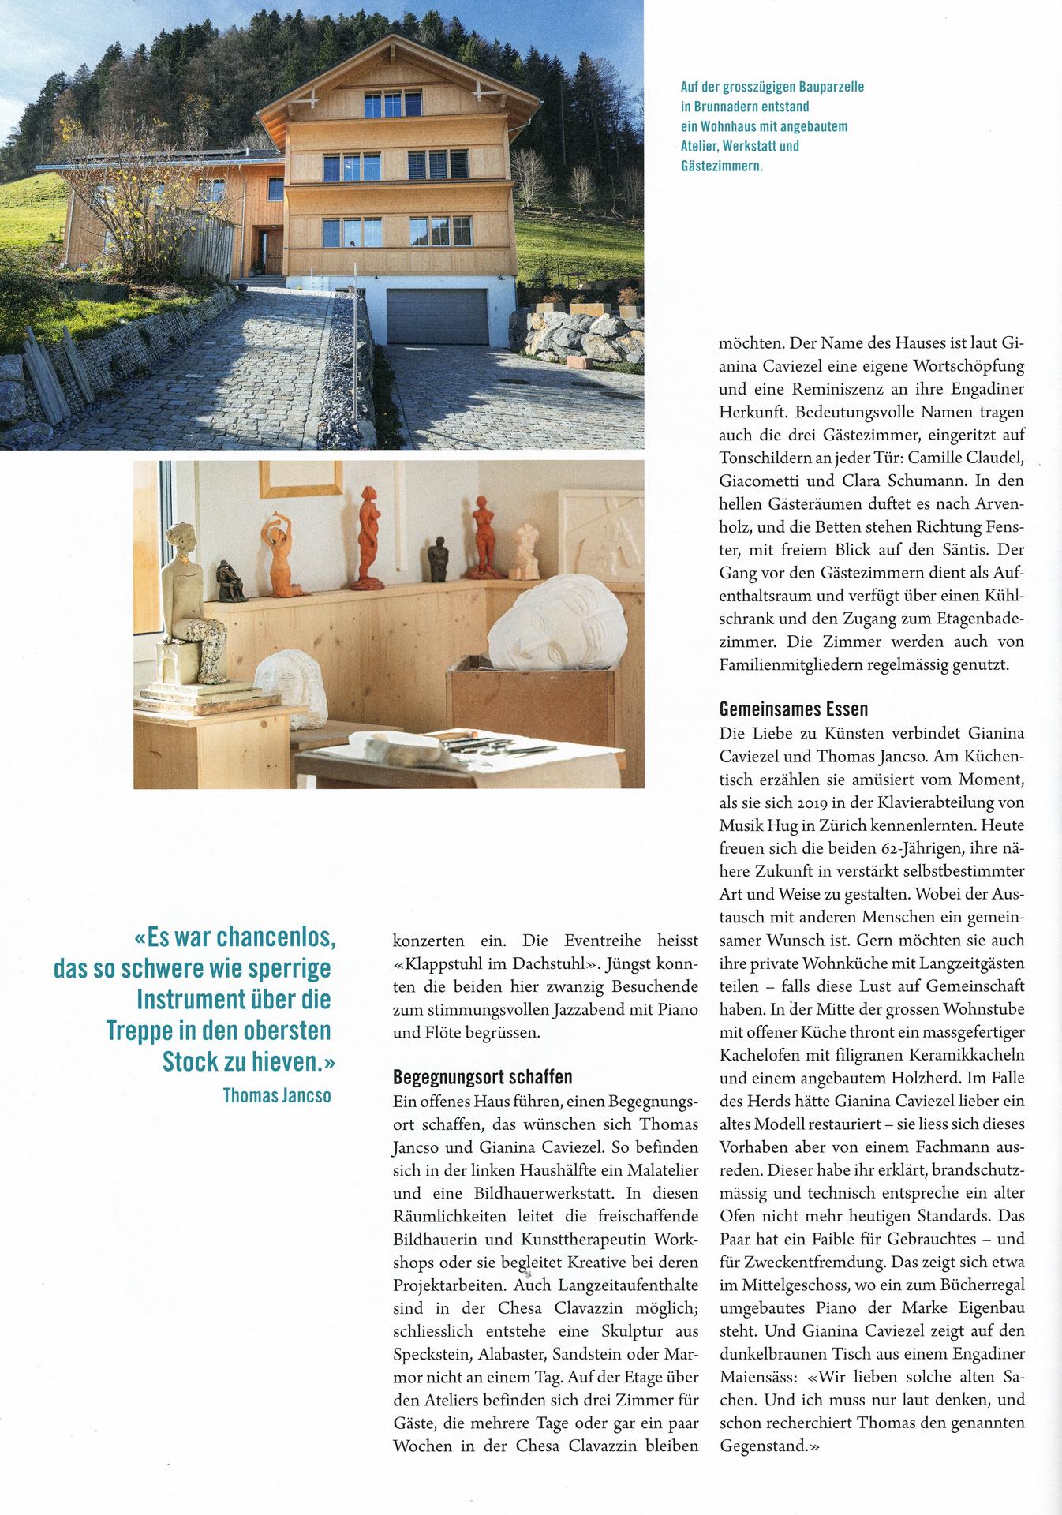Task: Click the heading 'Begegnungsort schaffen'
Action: tap(482, 1077)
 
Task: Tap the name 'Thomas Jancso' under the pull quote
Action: tap(277, 1096)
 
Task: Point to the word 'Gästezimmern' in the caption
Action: tap(722, 166)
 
